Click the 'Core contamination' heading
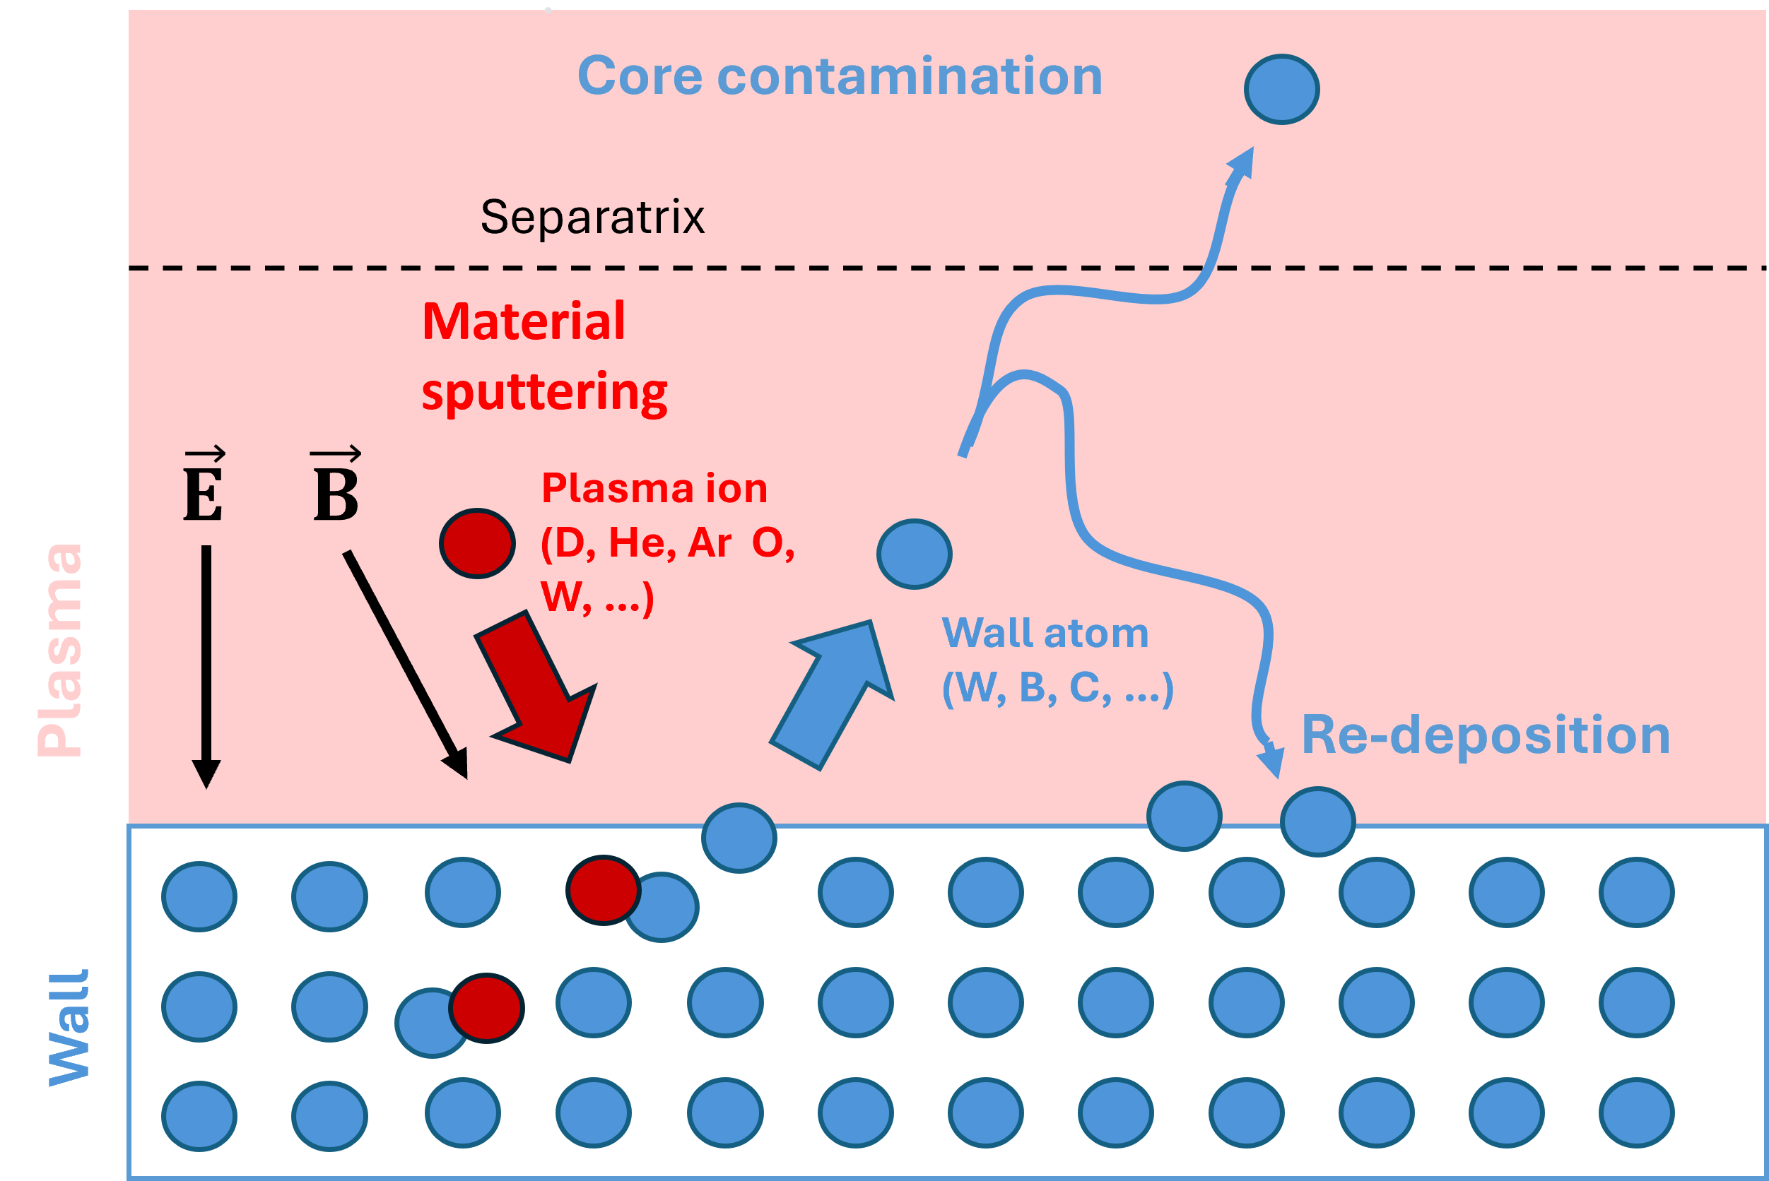[x=840, y=76]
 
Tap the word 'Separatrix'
[x=592, y=218]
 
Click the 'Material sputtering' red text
[x=544, y=356]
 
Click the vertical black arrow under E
[x=206, y=667]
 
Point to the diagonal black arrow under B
[x=406, y=664]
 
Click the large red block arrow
[x=536, y=686]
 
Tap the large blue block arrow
[x=833, y=694]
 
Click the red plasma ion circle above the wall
[x=477, y=543]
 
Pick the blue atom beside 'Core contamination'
[x=1281, y=89]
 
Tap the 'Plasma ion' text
[x=654, y=488]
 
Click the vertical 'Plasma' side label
[x=60, y=649]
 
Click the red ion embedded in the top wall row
[x=603, y=889]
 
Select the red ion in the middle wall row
[x=486, y=1008]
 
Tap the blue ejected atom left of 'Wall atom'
[x=914, y=554]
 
